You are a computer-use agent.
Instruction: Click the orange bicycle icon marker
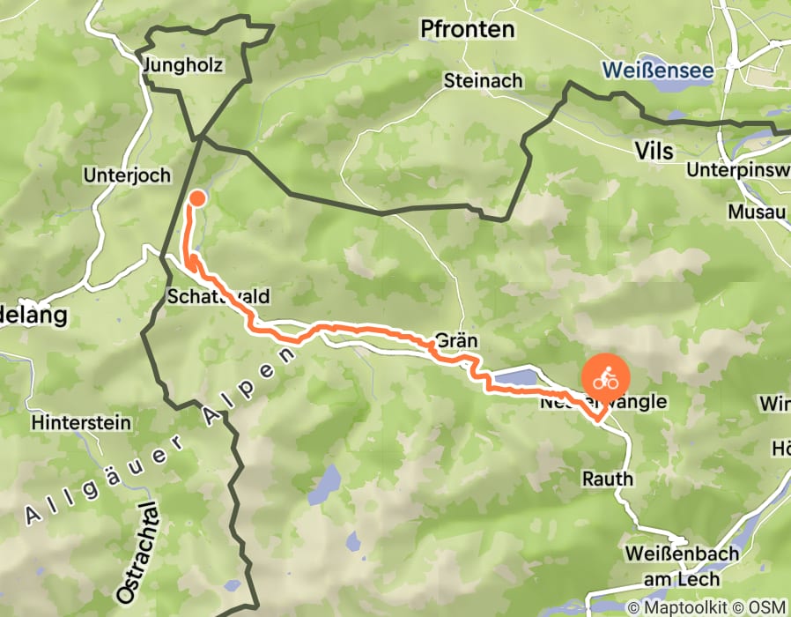[x=604, y=379]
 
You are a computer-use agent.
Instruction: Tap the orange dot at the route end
[x=197, y=197]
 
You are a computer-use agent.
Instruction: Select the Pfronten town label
[x=467, y=30]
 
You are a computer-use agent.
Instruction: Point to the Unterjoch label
[x=127, y=175]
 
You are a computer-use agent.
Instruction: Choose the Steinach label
[x=484, y=80]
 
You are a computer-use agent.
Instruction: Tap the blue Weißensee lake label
[x=663, y=69]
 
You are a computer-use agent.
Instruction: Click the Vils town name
[x=654, y=152]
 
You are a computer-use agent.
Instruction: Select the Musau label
[x=756, y=212]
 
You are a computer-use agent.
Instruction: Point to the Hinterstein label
[x=80, y=422]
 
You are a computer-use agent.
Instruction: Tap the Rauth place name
[x=607, y=479]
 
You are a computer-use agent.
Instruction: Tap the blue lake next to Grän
[x=514, y=380]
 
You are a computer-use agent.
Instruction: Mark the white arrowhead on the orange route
[x=189, y=262]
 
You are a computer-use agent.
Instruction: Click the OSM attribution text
[x=769, y=606]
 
